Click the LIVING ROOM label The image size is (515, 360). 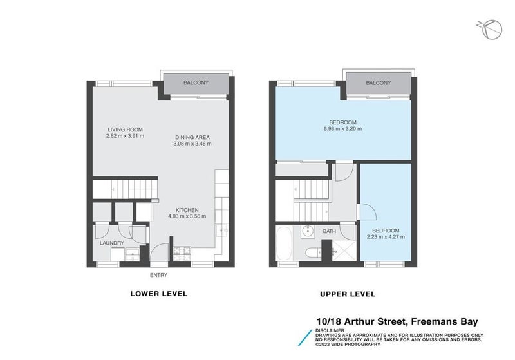126,129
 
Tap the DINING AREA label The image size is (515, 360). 192,137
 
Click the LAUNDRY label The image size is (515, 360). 111,243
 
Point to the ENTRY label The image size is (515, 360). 158,275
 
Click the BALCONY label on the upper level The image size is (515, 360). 378,83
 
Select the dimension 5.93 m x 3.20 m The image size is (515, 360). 343,129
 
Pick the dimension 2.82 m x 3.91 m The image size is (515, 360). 126,136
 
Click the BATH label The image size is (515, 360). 329,231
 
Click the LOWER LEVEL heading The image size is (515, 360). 158,294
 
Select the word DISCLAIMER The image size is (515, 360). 331,330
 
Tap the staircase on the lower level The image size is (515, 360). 125,189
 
